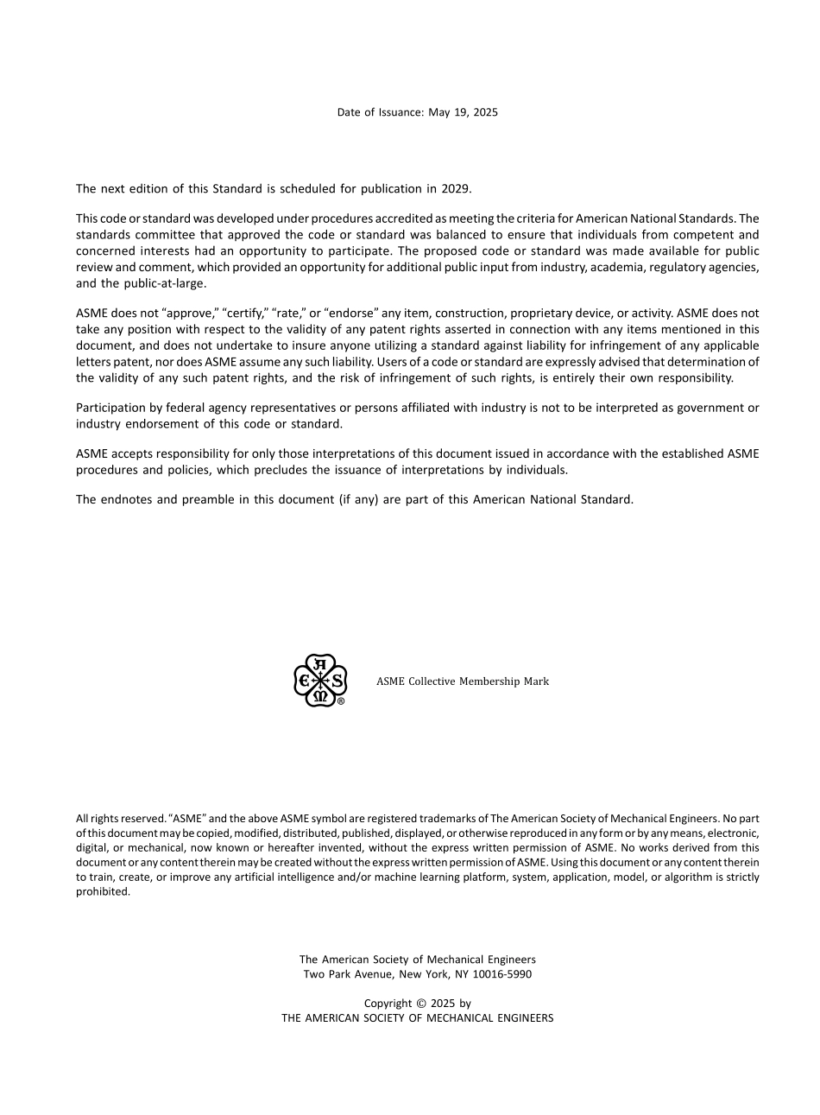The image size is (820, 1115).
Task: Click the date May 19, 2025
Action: (x=463, y=112)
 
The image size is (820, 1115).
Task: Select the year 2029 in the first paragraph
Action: (x=456, y=188)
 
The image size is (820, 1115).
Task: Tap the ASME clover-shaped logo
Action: (x=319, y=681)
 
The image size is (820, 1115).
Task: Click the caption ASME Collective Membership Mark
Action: (x=462, y=681)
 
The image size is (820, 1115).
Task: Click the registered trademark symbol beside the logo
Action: (x=341, y=701)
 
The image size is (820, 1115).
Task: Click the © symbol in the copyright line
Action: (x=421, y=1004)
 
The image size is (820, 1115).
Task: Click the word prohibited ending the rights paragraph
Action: (x=103, y=892)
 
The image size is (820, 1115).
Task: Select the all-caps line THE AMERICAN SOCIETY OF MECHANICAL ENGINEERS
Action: (x=417, y=1018)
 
